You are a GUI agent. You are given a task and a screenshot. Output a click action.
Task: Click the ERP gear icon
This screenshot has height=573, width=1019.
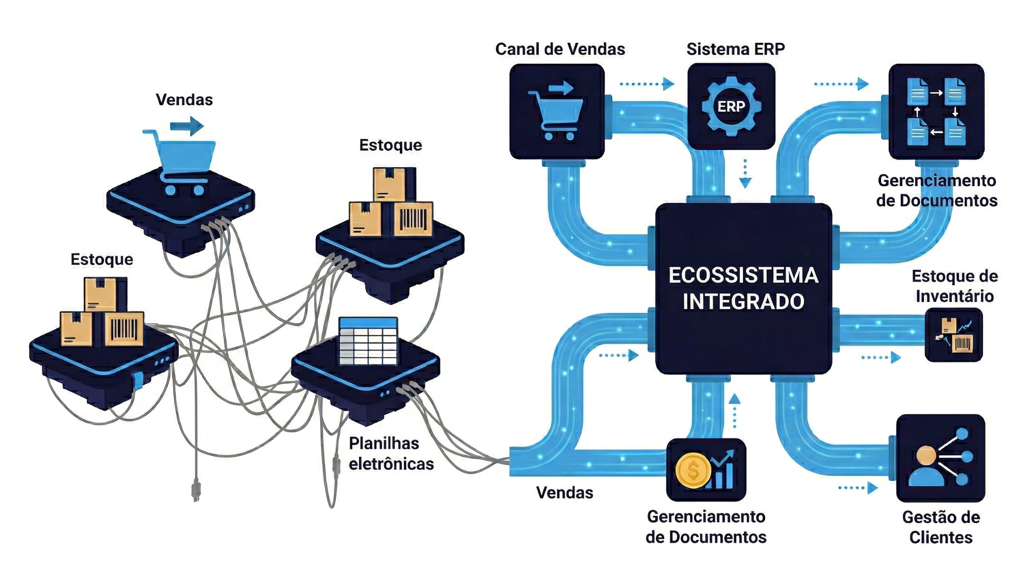731,106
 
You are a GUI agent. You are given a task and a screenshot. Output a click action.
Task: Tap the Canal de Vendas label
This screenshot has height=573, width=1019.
560,49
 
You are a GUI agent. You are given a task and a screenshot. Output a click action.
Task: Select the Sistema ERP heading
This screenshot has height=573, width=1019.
735,49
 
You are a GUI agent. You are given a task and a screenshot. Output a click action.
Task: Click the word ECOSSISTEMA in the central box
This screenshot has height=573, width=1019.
743,275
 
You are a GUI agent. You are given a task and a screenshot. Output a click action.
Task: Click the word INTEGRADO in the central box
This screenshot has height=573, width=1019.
743,302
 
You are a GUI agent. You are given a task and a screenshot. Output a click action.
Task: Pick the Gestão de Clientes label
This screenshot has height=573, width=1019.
941,527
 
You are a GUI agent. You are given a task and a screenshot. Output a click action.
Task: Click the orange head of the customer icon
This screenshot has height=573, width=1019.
926,455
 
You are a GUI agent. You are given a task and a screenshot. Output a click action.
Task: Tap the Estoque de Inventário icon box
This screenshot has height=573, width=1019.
954,335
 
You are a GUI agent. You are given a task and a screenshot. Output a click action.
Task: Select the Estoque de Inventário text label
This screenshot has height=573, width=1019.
954,286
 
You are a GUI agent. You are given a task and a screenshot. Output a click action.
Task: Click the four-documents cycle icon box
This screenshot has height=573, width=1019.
936,112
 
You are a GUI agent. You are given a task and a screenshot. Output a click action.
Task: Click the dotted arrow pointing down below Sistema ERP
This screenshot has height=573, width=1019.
745,174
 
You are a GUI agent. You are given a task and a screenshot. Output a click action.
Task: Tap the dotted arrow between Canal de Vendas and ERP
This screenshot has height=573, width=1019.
646,84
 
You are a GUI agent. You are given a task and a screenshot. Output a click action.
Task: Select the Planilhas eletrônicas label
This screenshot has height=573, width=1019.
391,453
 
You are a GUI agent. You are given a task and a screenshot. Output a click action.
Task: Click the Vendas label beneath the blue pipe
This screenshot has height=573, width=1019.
565,493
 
